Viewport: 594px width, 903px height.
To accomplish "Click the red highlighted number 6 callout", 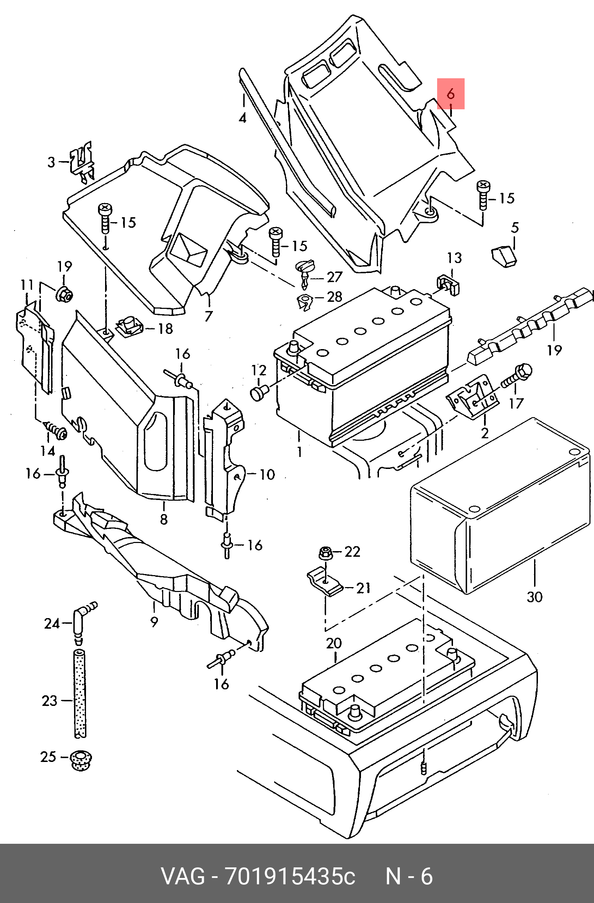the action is pos(451,93).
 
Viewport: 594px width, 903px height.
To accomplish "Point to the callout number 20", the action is pos(334,643).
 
